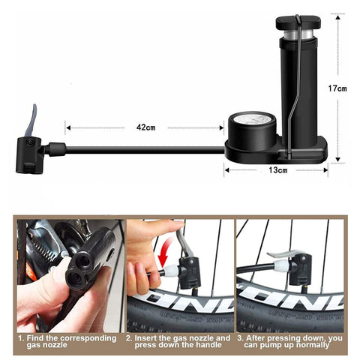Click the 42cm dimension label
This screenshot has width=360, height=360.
click(x=145, y=127)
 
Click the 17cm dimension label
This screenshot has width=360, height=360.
click(x=337, y=88)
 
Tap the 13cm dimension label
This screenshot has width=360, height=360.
click(x=278, y=170)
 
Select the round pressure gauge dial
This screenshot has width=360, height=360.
click(x=252, y=121)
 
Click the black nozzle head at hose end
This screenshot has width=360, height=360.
click(x=29, y=155)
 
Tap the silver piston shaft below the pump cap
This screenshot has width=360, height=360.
click(x=298, y=34)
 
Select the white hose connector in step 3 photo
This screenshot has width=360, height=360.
click(x=281, y=265)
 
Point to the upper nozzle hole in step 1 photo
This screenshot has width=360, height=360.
click(x=83, y=261)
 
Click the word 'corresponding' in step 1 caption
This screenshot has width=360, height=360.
click(x=88, y=338)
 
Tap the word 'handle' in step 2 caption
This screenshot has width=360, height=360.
click(x=208, y=345)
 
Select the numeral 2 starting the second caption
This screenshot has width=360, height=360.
click(x=128, y=338)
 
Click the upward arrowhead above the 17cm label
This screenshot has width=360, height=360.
click(x=337, y=17)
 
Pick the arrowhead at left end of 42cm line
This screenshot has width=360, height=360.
click(x=68, y=128)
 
